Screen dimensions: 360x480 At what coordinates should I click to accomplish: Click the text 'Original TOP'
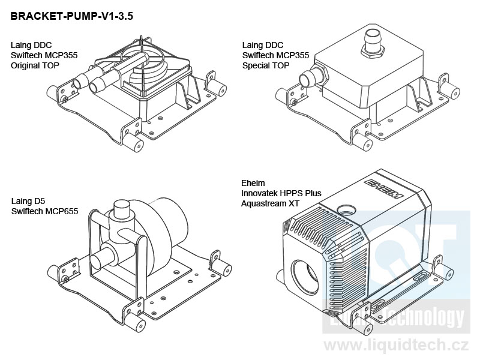[x=35, y=65]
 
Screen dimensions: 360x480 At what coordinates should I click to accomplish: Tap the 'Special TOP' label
[x=266, y=65]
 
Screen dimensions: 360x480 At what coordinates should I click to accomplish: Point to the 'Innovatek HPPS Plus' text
[x=281, y=194]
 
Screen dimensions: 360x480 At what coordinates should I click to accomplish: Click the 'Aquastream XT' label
[x=270, y=204]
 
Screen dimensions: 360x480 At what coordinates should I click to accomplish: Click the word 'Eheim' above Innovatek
[x=253, y=184]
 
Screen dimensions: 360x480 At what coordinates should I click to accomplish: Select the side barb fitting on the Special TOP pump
[x=307, y=79]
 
